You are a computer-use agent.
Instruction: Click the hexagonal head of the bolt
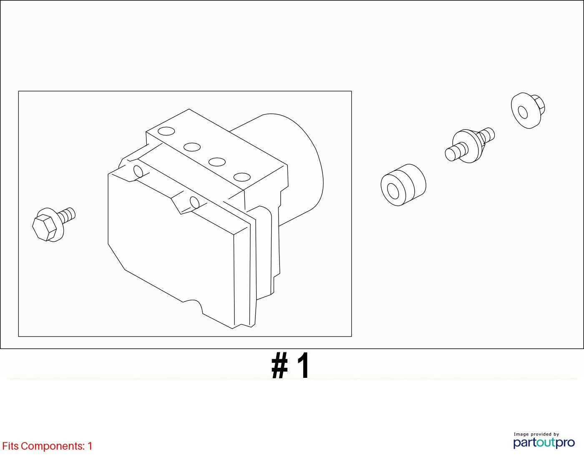point(44,228)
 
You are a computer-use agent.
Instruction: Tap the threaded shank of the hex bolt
point(67,215)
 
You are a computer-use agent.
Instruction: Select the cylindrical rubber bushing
point(403,185)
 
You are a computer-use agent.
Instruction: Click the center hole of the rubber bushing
point(393,191)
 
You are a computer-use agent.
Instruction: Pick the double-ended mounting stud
point(470,145)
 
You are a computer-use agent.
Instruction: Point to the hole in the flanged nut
point(523,112)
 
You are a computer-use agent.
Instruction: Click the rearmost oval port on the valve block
point(166,131)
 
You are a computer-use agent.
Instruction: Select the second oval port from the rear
point(192,147)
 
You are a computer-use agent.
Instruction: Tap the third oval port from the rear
point(217,162)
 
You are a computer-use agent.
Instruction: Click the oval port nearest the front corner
point(242,177)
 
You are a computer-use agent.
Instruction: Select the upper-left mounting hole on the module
point(138,172)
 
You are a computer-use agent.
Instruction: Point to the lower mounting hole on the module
point(194,202)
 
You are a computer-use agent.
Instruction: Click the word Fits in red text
point(10,446)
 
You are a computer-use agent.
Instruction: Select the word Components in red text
point(53,446)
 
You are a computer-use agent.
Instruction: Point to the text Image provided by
point(536,434)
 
